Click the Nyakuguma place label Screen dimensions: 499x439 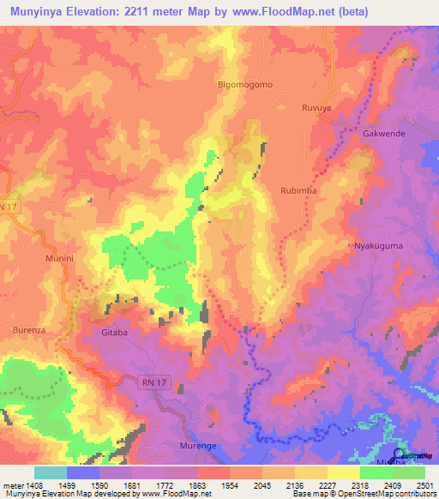(378, 246)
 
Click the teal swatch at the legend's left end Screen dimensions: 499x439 (51, 472)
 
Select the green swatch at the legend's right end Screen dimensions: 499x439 (408, 472)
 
